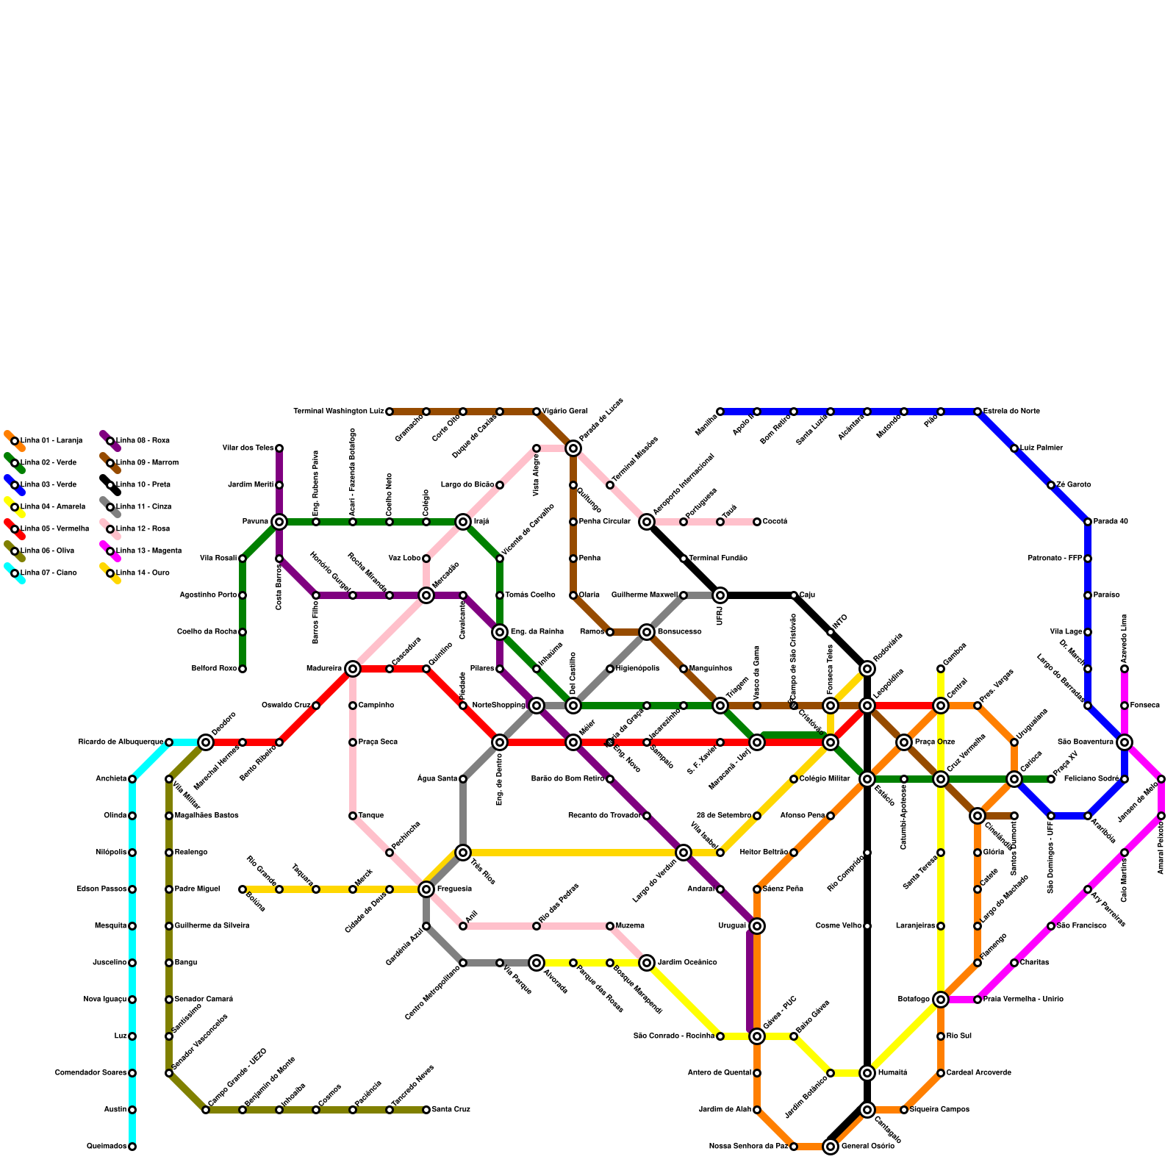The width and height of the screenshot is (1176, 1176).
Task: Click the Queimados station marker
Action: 132,1147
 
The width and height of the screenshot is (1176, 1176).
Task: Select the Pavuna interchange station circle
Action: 279,522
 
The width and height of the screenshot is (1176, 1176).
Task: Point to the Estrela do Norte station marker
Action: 978,412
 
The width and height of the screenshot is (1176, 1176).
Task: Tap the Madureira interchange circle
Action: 353,669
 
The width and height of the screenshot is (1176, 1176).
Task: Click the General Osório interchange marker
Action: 831,1147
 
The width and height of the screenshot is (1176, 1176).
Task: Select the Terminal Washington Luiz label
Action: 339,412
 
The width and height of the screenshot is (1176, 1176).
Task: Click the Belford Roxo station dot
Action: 243,669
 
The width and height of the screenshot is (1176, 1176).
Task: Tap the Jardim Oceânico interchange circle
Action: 647,963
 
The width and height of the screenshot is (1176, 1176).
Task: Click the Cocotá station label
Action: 775,522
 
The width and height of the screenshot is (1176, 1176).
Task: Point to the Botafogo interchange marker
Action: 941,1000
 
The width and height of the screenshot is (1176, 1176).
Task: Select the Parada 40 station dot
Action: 1088,522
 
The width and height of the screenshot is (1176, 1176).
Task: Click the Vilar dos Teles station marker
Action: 279,448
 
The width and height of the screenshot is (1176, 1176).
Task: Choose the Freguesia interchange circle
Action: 426,889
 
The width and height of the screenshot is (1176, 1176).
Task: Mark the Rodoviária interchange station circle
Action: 867,669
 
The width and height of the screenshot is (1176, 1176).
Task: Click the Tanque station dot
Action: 353,816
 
